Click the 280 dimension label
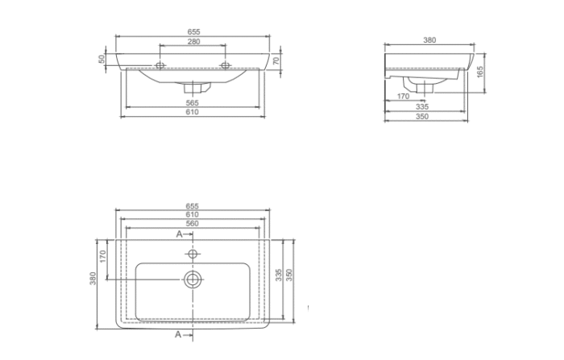click(x=193, y=41)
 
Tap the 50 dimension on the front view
click(x=102, y=59)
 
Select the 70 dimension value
click(x=276, y=60)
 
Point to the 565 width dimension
click(x=192, y=103)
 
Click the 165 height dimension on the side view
click(x=480, y=72)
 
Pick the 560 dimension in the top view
click(x=192, y=223)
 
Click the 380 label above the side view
click(x=429, y=40)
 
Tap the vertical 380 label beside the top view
click(x=93, y=279)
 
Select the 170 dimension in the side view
click(x=403, y=97)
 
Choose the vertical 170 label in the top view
click(x=103, y=256)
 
